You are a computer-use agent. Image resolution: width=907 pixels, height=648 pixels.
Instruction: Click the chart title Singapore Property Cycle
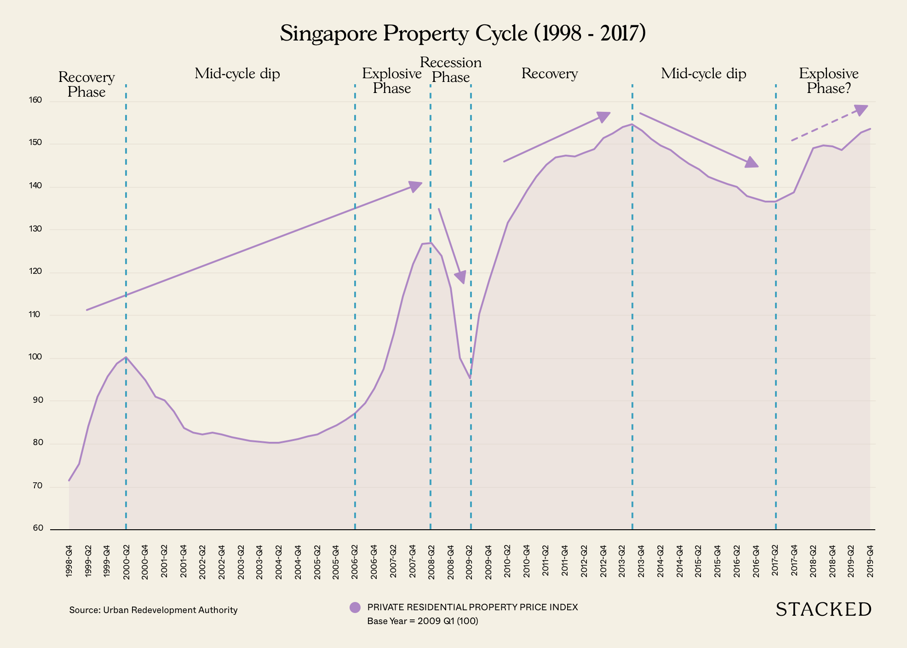[463, 34]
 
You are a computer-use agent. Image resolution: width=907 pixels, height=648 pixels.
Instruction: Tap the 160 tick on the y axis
[37, 100]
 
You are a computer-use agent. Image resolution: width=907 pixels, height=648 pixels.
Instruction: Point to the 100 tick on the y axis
[37, 357]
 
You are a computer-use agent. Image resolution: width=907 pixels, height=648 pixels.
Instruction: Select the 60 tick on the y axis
[38, 528]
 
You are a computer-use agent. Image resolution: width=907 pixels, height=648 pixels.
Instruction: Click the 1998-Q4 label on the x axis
[69, 561]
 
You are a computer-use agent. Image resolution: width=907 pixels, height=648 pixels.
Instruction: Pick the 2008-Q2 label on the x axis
[431, 561]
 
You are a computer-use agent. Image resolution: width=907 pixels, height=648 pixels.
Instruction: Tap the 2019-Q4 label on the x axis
[870, 561]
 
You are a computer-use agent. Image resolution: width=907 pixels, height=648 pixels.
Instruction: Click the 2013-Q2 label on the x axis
[622, 561]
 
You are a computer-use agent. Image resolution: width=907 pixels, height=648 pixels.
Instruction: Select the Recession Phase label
[451, 69]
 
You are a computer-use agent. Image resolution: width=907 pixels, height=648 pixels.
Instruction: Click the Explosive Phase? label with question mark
[828, 81]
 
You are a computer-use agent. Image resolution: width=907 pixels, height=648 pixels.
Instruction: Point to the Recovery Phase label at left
[86, 84]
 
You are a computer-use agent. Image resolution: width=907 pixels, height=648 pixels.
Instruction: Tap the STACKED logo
[823, 609]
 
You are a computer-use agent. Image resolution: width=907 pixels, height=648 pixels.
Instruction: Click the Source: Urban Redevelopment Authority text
[153, 610]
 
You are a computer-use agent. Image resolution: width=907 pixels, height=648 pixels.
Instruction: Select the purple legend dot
[355, 607]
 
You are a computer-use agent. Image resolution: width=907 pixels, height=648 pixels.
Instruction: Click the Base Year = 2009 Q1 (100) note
[422, 621]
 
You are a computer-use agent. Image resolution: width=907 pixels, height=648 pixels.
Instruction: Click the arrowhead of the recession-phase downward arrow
[461, 277]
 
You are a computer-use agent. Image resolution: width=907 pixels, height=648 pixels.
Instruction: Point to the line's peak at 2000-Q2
[126, 357]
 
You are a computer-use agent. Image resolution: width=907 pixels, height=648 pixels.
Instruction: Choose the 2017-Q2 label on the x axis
[775, 561]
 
